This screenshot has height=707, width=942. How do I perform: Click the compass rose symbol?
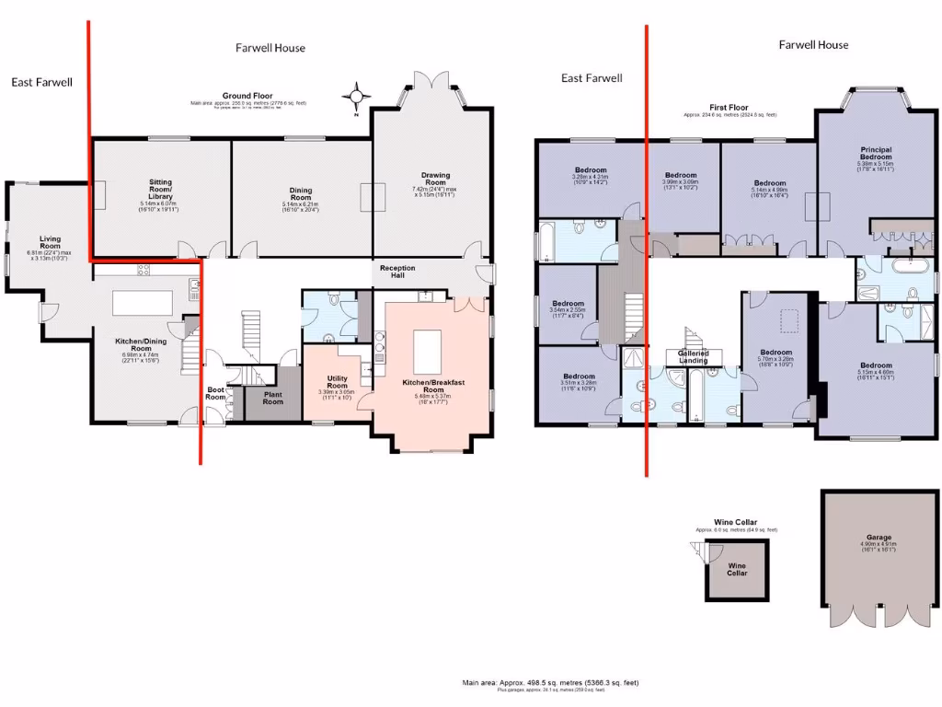point(357,95)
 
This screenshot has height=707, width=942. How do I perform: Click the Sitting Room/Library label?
point(161,188)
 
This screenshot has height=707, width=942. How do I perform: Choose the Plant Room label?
point(273,398)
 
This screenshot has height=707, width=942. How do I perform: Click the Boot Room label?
point(215,392)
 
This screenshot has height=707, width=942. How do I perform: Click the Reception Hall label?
point(397,272)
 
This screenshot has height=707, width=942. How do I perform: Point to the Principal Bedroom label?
point(876,154)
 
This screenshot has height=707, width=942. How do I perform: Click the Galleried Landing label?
point(693,356)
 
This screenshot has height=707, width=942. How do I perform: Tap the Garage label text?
point(879,537)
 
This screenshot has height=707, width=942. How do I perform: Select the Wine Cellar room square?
point(737,570)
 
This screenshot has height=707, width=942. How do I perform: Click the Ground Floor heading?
point(247,96)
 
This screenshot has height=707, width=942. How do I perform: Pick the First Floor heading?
point(728,108)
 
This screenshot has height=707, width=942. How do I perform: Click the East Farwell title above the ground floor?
point(41,82)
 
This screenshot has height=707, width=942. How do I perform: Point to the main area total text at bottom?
point(549,682)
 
